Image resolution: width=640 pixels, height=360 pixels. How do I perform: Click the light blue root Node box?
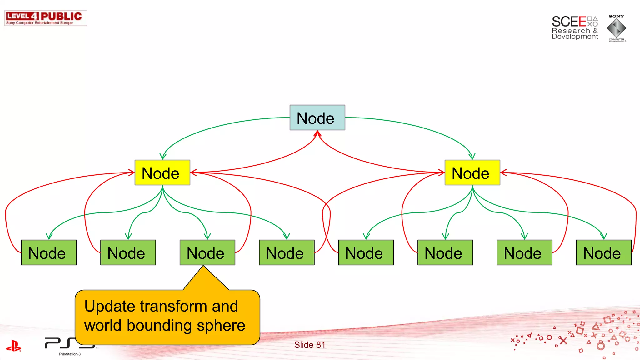pyautogui.click(x=317, y=117)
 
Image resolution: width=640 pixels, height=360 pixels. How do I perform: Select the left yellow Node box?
pyautogui.click(x=162, y=172)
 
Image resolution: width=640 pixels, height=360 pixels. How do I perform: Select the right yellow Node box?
pyautogui.click(x=472, y=172)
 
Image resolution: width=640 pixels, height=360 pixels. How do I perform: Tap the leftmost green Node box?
pyautogui.click(x=49, y=252)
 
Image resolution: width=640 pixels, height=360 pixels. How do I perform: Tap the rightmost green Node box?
pyautogui.click(x=603, y=252)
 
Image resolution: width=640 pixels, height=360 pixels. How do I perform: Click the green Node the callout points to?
pyautogui.click(x=207, y=252)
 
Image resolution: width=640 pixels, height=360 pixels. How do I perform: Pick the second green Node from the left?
pyautogui.click(x=128, y=252)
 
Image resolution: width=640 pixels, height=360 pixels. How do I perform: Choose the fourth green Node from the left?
pyautogui.click(x=287, y=252)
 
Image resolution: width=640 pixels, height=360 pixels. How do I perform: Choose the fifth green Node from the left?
pyautogui.click(x=366, y=252)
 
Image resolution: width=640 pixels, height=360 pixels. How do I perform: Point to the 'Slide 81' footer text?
pyautogui.click(x=309, y=345)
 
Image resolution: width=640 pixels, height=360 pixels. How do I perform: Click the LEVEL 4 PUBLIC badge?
pyautogui.click(x=46, y=18)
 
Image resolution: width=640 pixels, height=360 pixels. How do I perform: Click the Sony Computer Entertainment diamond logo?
pyautogui.click(x=616, y=28)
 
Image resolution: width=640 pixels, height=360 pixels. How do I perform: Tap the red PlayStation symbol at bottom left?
pyautogui.click(x=13, y=346)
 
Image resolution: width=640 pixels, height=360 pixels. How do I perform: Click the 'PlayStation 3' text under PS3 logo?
pyautogui.click(x=70, y=354)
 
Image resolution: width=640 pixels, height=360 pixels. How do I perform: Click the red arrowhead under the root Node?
pyautogui.click(x=317, y=134)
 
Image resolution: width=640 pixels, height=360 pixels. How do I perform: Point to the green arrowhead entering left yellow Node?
pyautogui.click(x=163, y=156)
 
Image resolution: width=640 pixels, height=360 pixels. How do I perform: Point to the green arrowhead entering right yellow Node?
pyautogui.click(x=472, y=156)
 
